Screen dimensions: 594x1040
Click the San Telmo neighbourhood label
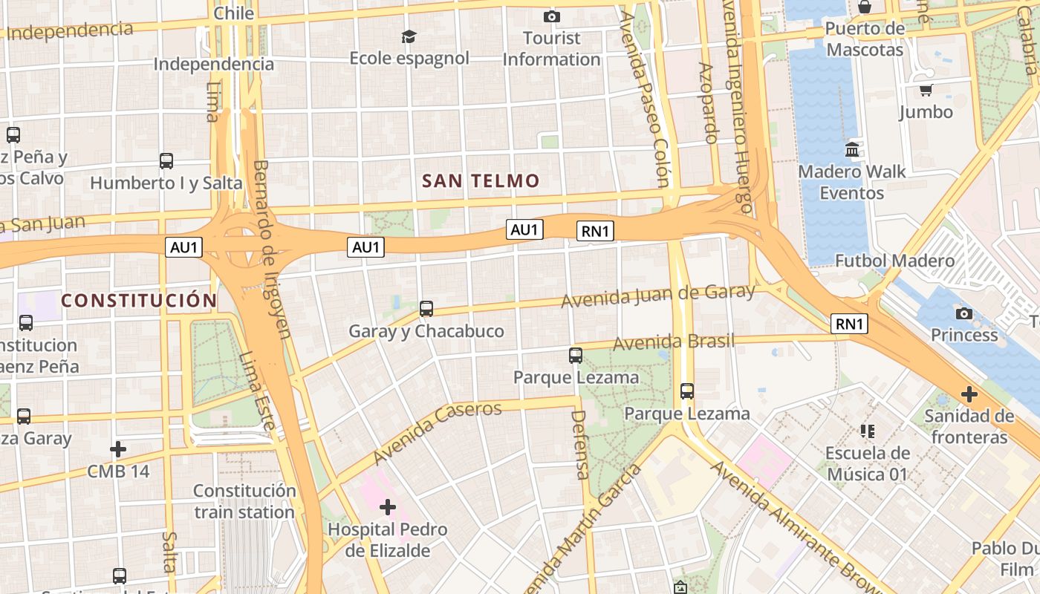click(x=481, y=180)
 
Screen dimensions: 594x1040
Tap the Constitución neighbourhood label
click(x=139, y=301)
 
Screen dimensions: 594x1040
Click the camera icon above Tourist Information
click(x=551, y=16)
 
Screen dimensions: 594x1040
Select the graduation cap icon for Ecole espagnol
click(x=409, y=36)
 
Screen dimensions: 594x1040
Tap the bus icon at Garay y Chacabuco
click(x=426, y=309)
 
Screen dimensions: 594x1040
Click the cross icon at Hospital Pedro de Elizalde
click(x=387, y=507)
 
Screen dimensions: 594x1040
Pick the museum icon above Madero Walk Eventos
click(x=852, y=149)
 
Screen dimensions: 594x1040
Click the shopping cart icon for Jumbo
click(x=926, y=91)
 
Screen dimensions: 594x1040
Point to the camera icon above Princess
click(x=964, y=313)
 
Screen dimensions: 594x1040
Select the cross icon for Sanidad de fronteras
click(x=969, y=394)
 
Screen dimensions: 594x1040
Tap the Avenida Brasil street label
click(x=673, y=342)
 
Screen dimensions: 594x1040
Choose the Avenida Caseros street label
click(x=438, y=431)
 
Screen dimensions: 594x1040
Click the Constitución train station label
click(x=244, y=501)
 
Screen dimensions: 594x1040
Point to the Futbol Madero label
click(x=894, y=261)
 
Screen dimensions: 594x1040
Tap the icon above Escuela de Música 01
click(x=867, y=431)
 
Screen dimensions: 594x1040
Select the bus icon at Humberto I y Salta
click(x=166, y=160)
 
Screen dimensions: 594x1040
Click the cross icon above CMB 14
click(x=117, y=449)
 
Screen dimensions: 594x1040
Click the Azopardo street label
click(x=708, y=102)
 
